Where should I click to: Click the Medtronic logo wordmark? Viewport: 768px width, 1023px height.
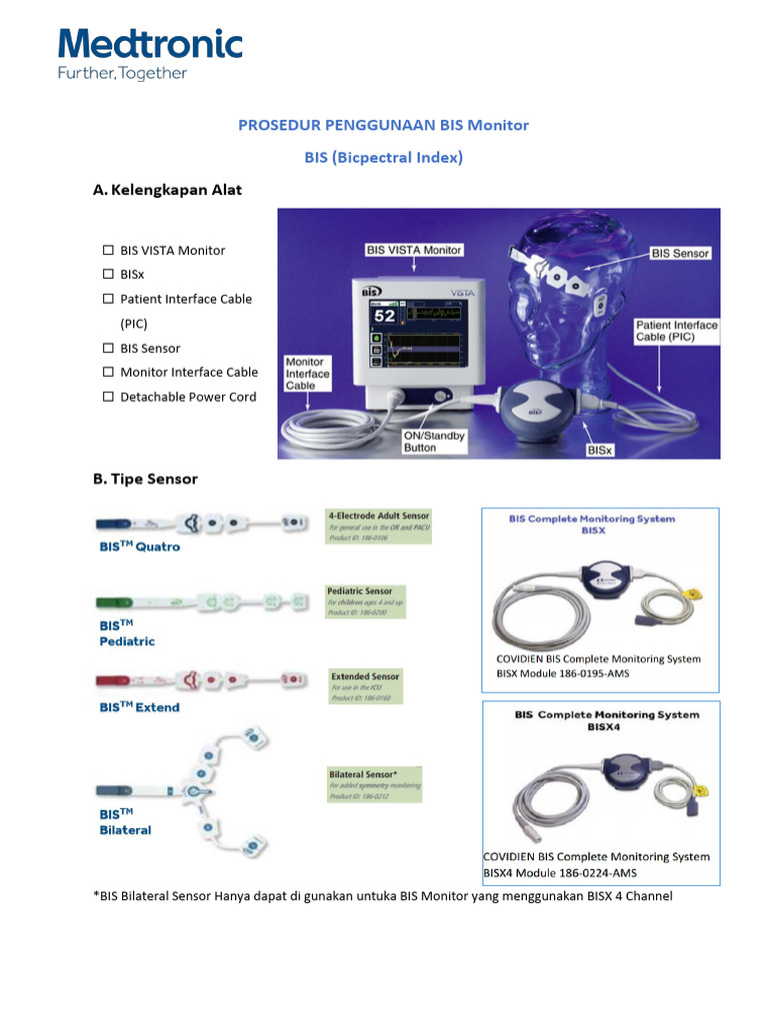tap(150, 45)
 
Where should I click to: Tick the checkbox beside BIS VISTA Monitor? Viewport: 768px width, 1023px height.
tap(107, 250)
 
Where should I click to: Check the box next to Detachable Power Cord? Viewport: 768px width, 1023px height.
tap(107, 397)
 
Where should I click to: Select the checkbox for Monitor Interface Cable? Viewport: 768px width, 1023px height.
tap(107, 373)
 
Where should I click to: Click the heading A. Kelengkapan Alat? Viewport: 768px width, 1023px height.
tap(167, 189)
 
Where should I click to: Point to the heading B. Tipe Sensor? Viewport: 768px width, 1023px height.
tap(145, 479)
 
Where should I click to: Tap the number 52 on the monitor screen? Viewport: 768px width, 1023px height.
tap(384, 316)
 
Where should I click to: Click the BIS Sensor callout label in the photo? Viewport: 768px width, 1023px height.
tap(680, 254)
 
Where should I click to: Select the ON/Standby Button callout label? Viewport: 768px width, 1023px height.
tap(434, 442)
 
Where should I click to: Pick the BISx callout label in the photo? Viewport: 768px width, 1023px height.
tap(600, 451)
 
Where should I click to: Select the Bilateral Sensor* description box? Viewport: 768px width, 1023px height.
tap(376, 786)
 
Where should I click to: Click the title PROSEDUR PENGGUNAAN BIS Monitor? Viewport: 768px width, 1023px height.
tap(383, 125)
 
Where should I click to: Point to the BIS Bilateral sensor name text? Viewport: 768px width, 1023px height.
tap(125, 821)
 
